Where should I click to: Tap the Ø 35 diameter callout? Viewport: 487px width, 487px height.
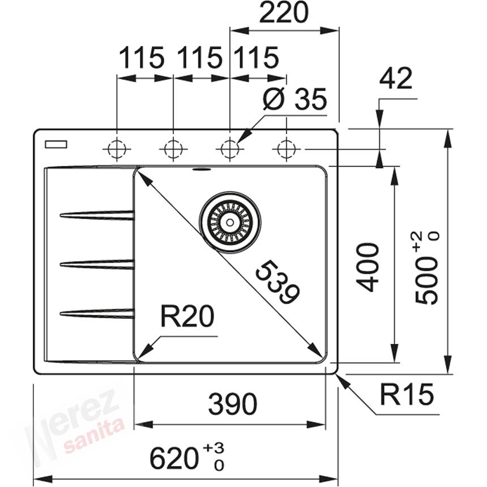[x=295, y=100]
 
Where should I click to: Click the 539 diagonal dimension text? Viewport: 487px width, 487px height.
[x=277, y=282]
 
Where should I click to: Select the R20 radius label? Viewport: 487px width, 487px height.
[x=187, y=318]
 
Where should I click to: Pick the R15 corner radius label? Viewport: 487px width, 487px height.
[x=406, y=395]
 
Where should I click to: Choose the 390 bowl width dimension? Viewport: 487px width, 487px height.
[x=232, y=404]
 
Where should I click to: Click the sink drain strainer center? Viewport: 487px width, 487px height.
[x=230, y=222]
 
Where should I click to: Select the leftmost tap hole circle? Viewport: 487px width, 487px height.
[x=117, y=149]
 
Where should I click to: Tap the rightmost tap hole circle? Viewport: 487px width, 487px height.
[x=286, y=149]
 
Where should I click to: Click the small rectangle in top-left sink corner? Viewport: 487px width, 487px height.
[x=55, y=144]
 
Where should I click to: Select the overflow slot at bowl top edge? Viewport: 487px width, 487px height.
[x=201, y=169]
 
